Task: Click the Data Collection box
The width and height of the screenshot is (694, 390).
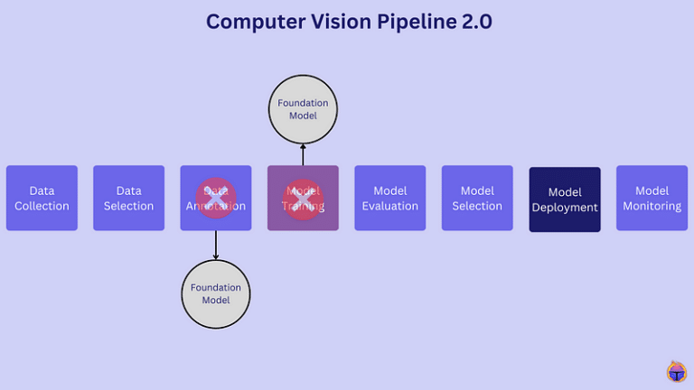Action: click(x=42, y=198)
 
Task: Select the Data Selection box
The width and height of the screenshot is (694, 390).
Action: click(x=128, y=198)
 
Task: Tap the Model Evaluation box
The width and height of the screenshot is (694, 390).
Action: click(x=389, y=198)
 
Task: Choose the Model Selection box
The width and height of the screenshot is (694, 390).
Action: click(x=477, y=198)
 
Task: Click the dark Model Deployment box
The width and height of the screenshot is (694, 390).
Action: click(x=565, y=200)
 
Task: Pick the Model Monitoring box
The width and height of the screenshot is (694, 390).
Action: click(x=652, y=198)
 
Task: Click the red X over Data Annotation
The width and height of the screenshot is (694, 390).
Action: click(x=215, y=198)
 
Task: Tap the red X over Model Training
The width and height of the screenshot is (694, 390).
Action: click(x=303, y=198)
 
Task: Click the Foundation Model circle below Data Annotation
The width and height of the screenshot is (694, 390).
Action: click(x=215, y=293)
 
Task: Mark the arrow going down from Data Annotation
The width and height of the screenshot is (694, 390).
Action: click(x=215, y=245)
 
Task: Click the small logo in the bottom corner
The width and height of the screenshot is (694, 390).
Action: click(x=676, y=372)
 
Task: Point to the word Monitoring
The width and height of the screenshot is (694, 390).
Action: click(x=652, y=206)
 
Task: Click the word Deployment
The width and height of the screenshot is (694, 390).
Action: click(x=565, y=208)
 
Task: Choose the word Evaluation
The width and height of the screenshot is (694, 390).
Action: click(x=389, y=206)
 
